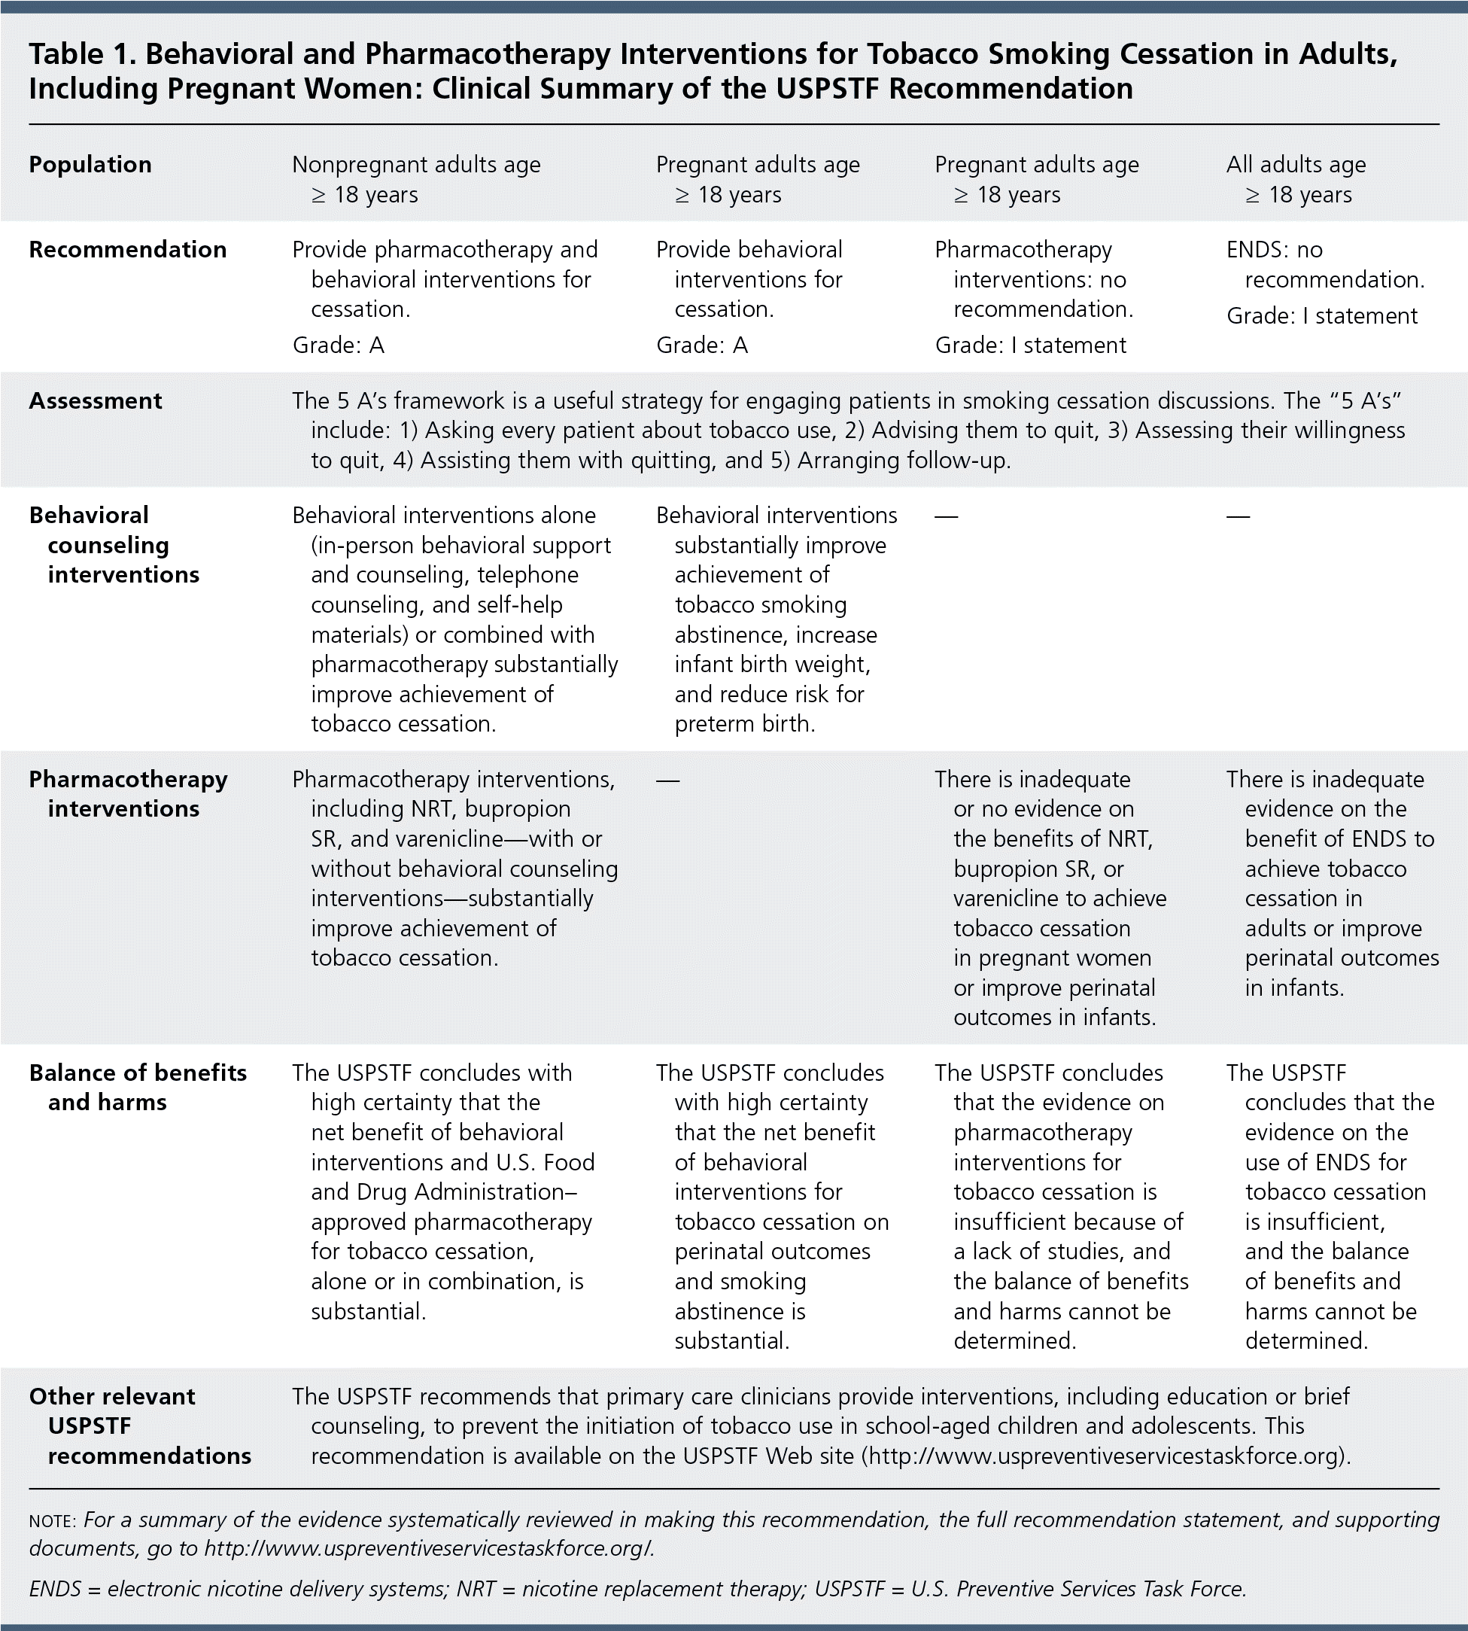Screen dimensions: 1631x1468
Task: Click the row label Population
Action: coord(90,165)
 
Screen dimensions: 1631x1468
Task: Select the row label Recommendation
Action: coord(127,249)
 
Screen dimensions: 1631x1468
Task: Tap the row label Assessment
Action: coord(95,401)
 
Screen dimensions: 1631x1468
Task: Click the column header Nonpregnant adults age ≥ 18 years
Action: coord(416,179)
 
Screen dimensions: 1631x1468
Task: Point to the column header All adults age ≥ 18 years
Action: coord(1296,179)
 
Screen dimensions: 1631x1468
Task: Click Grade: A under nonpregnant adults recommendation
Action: coord(338,345)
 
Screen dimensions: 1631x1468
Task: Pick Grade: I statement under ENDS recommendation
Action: coord(1321,315)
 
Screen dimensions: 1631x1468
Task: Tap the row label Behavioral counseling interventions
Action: coord(114,544)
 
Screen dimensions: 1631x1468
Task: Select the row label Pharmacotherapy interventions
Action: coord(127,794)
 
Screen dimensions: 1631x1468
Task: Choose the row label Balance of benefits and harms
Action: coord(137,1088)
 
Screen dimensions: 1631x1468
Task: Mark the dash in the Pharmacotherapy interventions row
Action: coord(668,780)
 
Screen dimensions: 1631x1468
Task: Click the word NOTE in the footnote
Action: coord(52,1520)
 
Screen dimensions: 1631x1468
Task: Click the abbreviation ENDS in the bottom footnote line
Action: coord(55,1589)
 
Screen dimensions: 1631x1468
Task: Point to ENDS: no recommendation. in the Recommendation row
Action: coord(1324,265)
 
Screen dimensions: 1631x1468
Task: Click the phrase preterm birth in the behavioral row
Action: coord(744,723)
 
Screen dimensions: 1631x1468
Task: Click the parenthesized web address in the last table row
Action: coord(1105,1456)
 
